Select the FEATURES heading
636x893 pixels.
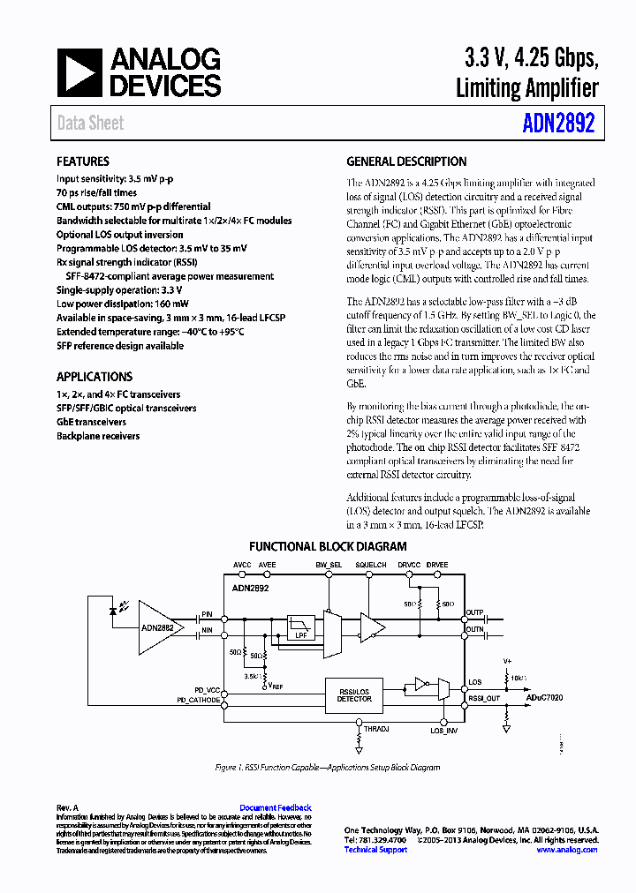(x=83, y=161)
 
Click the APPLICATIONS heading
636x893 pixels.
(x=95, y=377)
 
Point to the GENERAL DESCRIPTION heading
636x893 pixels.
(x=406, y=161)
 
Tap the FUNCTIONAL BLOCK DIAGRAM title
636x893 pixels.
(x=328, y=547)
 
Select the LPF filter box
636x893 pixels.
(x=299, y=629)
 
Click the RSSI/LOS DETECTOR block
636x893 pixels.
(x=354, y=694)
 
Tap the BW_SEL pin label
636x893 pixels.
(x=329, y=564)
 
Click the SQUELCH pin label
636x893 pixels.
(x=371, y=564)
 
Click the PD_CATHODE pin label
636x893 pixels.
(x=199, y=699)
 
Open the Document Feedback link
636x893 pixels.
(x=276, y=807)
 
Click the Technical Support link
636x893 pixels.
(x=375, y=850)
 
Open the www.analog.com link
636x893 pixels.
(x=566, y=850)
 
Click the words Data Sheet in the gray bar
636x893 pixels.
(x=90, y=124)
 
